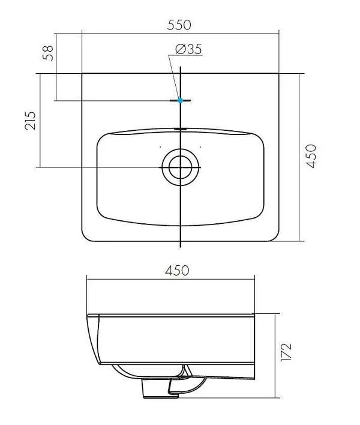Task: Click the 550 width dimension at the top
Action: pos(179,25)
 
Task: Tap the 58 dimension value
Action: pos(48,53)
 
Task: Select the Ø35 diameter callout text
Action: pos(188,49)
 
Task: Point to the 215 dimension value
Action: pos(31,121)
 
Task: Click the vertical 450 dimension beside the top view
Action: pos(311,156)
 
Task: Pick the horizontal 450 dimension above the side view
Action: pos(177,271)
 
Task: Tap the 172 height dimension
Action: pos(286,352)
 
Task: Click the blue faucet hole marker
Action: pos(180,101)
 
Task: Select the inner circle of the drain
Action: pos(181,167)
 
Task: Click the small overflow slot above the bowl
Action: pos(180,129)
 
